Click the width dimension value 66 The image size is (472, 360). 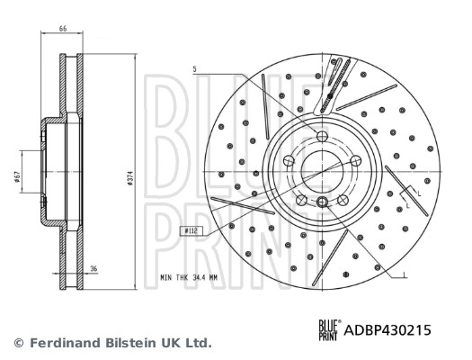63,30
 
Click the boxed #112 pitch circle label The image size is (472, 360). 191,231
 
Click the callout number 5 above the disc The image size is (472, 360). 192,69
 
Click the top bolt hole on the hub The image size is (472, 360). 324,135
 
